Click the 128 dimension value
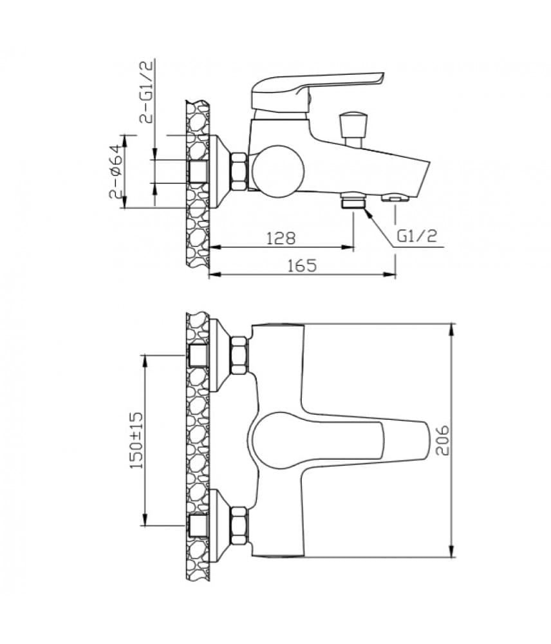coord(281,238)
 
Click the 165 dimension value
coord(302,266)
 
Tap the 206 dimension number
coord(442,440)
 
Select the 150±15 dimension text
coord(136,440)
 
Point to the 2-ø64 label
coord(117,171)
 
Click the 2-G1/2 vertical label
coord(146,91)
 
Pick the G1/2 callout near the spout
coord(417,236)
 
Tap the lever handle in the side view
coord(316,92)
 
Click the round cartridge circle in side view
coord(278,171)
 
